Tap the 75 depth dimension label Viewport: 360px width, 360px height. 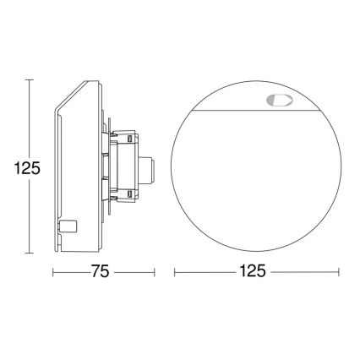pyautogui.click(x=103, y=272)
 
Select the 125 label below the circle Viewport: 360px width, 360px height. pyautogui.click(x=255, y=272)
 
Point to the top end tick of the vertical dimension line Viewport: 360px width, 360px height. pyautogui.click(x=30, y=79)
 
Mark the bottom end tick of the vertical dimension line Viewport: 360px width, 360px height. pyautogui.click(x=30, y=253)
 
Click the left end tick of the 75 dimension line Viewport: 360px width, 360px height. pyautogui.click(x=54, y=272)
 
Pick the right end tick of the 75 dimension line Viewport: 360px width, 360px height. pyautogui.click(x=155, y=272)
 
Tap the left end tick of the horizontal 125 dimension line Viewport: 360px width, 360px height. pyautogui.click(x=175, y=272)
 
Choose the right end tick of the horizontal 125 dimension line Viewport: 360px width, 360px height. pyautogui.click(x=339, y=272)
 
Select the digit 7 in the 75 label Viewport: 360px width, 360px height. pyautogui.click(x=97, y=272)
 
